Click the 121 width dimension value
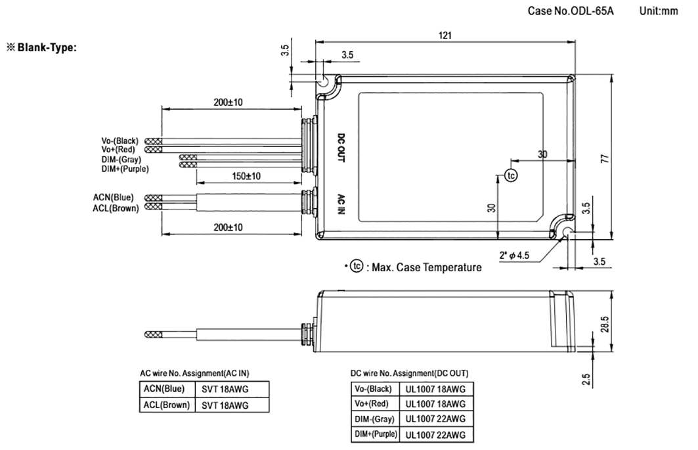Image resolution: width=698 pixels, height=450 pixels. (447, 35)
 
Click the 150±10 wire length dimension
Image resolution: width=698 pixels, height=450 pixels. (247, 177)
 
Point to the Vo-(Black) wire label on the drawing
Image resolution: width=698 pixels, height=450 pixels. (119, 141)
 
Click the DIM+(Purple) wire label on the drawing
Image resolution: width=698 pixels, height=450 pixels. (125, 169)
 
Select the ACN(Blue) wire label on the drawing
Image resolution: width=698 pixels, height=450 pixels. (113, 197)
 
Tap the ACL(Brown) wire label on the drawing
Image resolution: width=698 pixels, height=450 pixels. (115, 208)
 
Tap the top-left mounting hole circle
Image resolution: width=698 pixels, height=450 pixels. (324, 83)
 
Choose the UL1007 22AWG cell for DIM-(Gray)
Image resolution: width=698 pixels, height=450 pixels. (435, 418)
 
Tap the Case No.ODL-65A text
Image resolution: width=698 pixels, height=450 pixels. (571, 12)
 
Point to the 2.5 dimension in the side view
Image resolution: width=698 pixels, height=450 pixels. (586, 380)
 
